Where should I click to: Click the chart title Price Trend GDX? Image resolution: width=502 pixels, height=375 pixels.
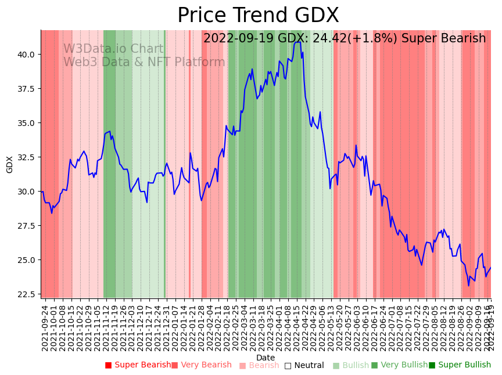click(x=258, y=16)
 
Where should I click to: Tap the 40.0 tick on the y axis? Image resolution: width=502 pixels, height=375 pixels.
click(x=26, y=55)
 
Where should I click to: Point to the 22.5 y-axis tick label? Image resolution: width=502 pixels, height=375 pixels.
click(x=26, y=294)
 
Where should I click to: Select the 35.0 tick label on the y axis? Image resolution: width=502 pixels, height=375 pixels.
click(x=26, y=123)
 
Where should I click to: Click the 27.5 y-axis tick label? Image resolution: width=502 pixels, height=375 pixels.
click(x=26, y=226)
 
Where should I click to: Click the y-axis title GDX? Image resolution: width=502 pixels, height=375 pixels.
click(x=10, y=164)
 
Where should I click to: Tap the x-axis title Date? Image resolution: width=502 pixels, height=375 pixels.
click(x=266, y=358)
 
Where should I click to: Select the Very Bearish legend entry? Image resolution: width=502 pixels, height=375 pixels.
click(x=202, y=365)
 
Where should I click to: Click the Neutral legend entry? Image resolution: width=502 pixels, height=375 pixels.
click(x=304, y=365)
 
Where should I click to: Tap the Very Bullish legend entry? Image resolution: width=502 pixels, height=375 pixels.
click(x=399, y=365)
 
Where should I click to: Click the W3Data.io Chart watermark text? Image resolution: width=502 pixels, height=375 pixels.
click(x=113, y=49)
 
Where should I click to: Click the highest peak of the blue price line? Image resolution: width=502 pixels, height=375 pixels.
click(x=298, y=42)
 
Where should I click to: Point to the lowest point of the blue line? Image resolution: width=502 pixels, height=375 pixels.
click(x=468, y=286)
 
